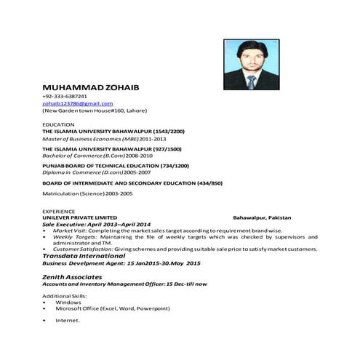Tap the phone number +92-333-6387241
pyautogui.click(x=65, y=96)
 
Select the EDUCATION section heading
pyautogui.click(x=57, y=124)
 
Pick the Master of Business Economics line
pyautogui.click(x=105, y=138)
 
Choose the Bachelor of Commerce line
pyautogui.click(x=97, y=156)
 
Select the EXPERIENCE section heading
pyautogui.click(x=59, y=210)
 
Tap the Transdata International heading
pyautogui.click(x=84, y=256)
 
